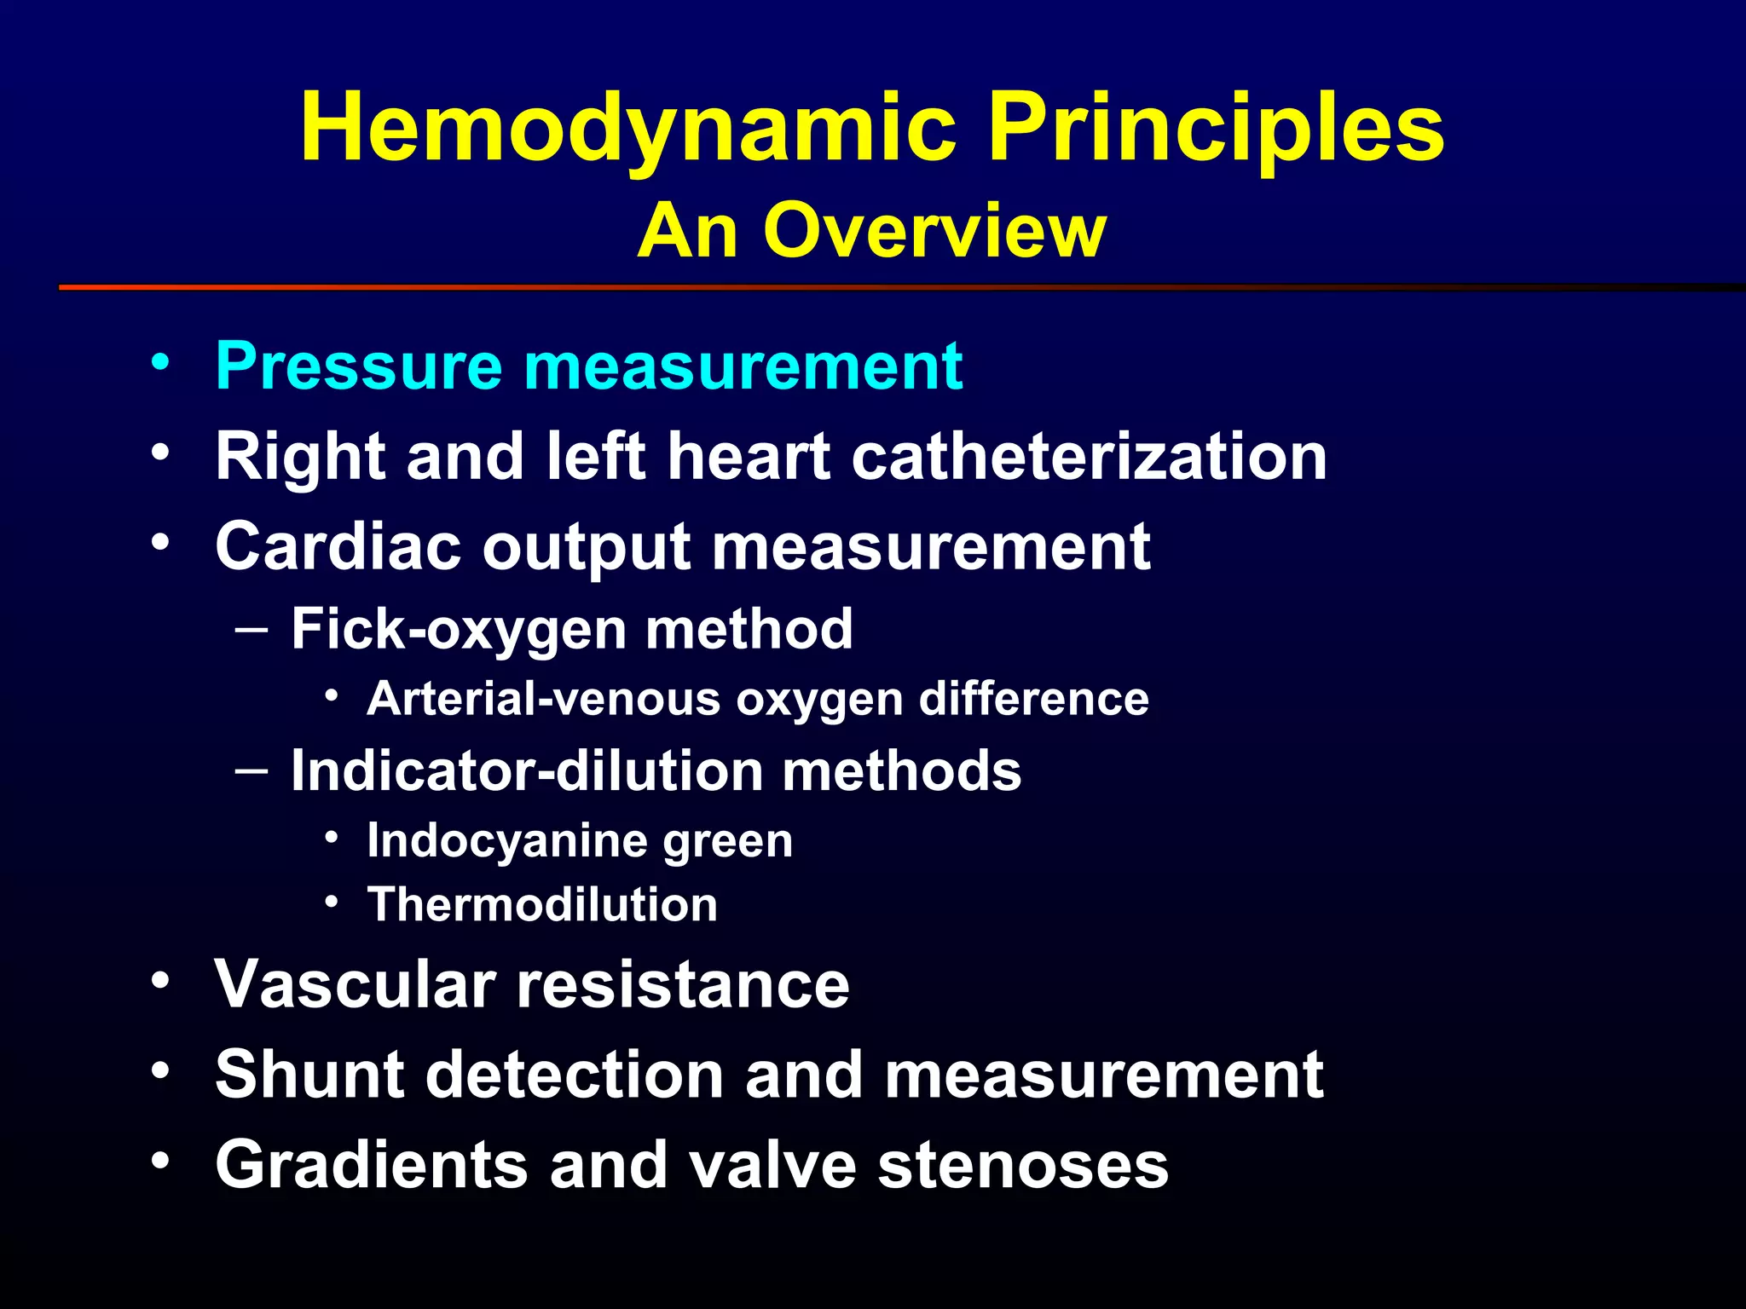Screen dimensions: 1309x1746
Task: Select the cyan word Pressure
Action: pos(359,366)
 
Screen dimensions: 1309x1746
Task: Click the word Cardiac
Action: pos(338,546)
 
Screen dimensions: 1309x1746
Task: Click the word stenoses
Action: pos(1023,1166)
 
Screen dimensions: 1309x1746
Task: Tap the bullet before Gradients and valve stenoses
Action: pos(160,1160)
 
